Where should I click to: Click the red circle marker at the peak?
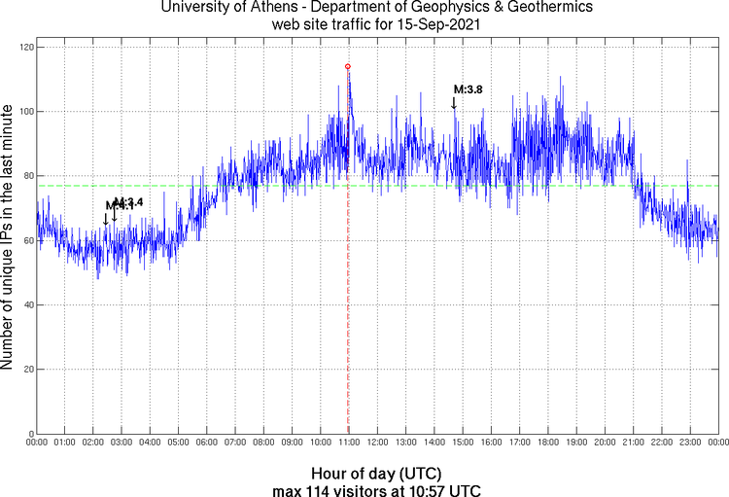(348, 66)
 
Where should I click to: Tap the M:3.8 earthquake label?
(468, 89)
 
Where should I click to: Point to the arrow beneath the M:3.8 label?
(454, 102)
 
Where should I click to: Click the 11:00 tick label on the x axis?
(349, 443)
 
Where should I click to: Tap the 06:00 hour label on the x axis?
(207, 443)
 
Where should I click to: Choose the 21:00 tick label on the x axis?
(633, 443)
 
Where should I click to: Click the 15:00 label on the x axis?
(463, 443)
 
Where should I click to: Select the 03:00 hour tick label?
(121, 443)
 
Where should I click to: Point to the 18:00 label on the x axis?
(547, 443)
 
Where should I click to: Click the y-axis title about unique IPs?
(9, 239)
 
